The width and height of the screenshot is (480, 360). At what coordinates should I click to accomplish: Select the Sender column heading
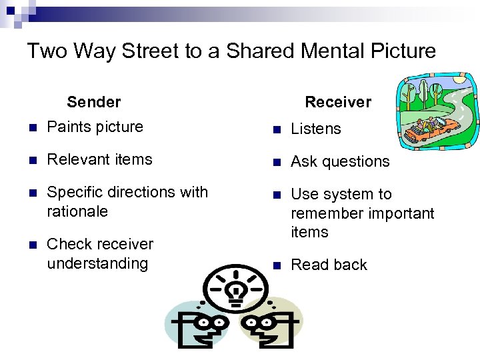point(94,102)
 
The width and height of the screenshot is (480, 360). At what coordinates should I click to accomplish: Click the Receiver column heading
point(338,102)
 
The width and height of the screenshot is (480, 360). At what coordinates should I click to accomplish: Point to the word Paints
point(68,127)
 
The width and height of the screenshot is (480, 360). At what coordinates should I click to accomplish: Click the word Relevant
point(75,159)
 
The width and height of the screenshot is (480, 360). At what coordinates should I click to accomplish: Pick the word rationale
point(77,211)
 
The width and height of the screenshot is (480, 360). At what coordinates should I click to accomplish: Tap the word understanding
point(97,263)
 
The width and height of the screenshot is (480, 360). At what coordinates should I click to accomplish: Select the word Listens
point(316,129)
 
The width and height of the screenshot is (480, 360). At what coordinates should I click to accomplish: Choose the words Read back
point(329,265)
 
